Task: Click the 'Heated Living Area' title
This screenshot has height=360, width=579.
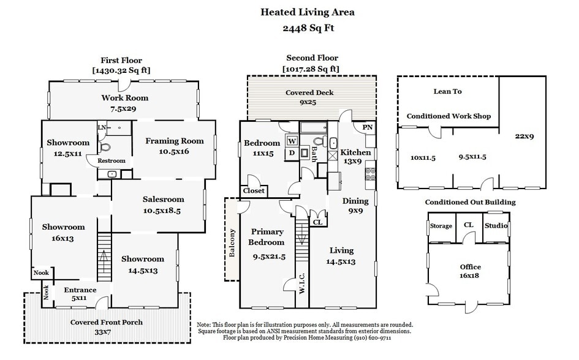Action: [308, 12]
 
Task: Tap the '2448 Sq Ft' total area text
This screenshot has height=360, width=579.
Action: [308, 28]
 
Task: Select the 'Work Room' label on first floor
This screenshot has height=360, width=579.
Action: [124, 98]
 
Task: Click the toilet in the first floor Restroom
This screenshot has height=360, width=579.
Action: [104, 147]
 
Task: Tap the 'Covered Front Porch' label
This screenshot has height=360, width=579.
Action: [107, 322]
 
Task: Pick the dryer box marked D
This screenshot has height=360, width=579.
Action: [292, 152]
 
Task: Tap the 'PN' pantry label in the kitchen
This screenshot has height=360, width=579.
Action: [367, 127]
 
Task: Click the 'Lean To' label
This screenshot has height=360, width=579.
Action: [448, 91]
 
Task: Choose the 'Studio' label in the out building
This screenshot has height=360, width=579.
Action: [496, 226]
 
